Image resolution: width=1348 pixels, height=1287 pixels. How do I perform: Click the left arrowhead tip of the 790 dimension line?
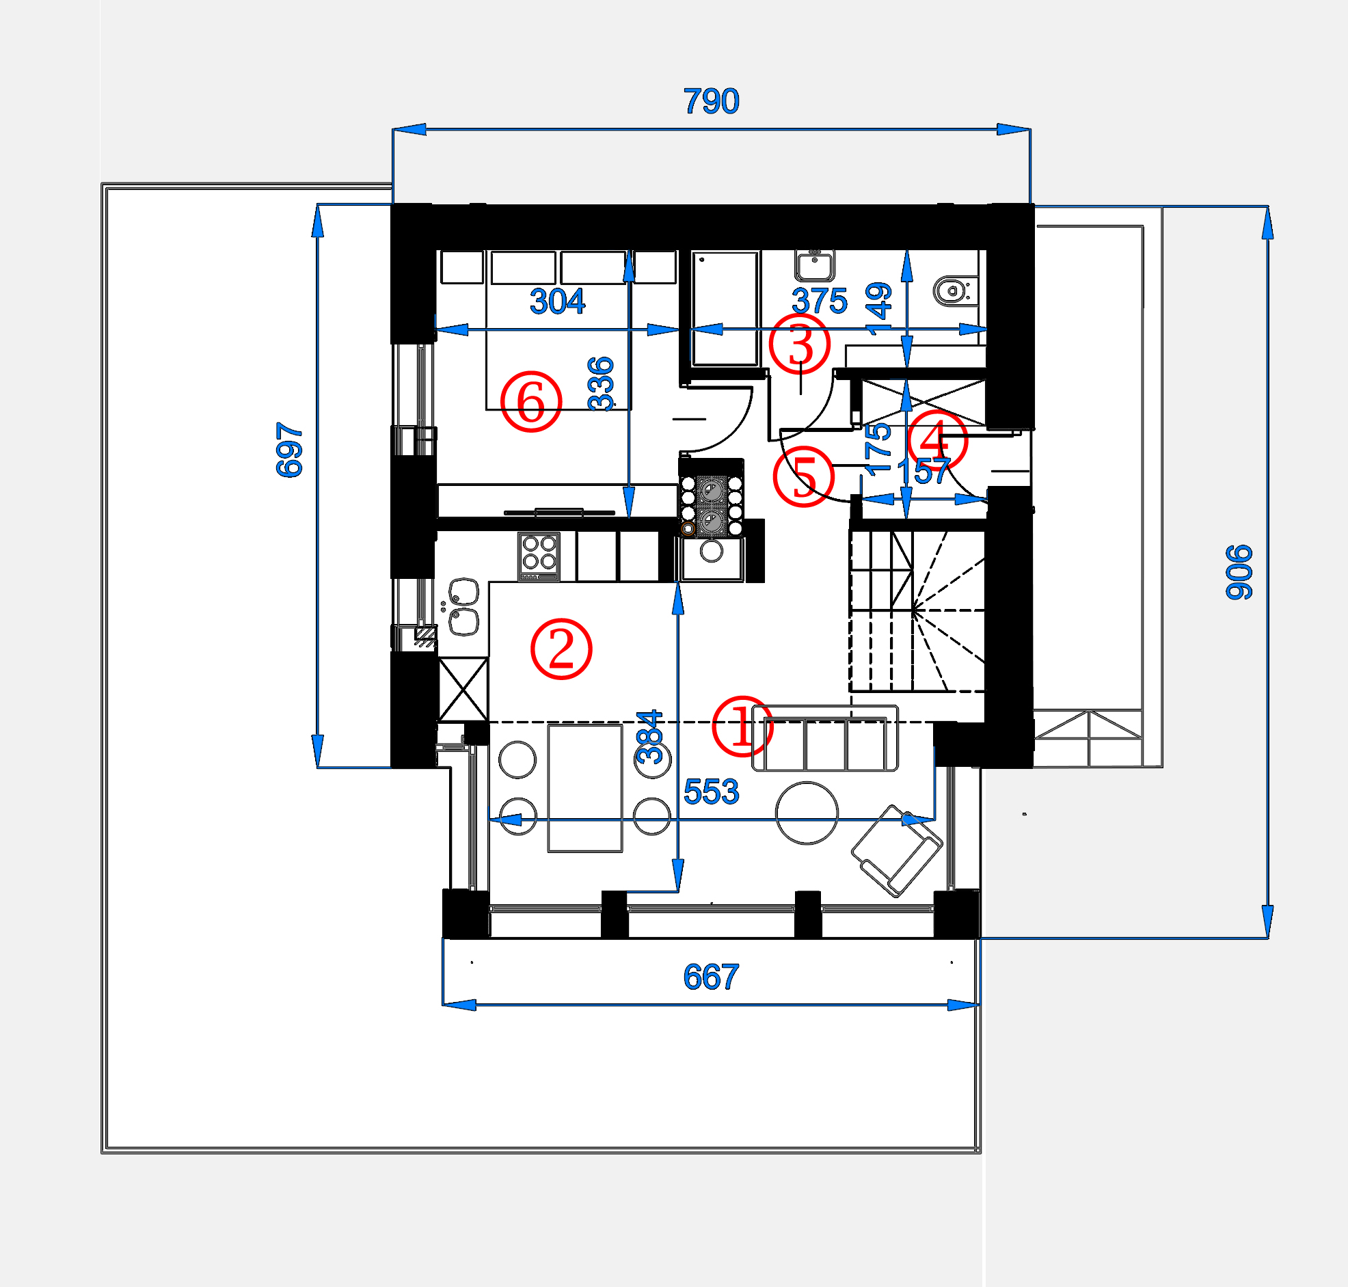click(x=393, y=129)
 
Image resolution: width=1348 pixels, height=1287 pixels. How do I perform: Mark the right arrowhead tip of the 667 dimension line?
click(x=980, y=1005)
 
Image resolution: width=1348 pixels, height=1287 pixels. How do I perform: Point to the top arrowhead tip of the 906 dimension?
click(x=1267, y=206)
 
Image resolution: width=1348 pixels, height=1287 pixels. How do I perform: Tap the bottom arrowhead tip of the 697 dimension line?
click(x=317, y=767)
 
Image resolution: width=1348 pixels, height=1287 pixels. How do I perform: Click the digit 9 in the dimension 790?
click(x=712, y=101)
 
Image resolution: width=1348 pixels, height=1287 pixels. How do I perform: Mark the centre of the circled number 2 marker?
click(x=561, y=649)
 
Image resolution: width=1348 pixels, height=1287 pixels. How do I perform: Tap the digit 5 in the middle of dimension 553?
click(x=712, y=791)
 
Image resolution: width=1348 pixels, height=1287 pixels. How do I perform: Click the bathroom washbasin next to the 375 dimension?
click(x=814, y=265)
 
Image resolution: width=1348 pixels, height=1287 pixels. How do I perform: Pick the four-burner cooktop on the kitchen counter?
click(x=539, y=557)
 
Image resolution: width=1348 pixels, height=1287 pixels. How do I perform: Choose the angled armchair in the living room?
click(x=897, y=851)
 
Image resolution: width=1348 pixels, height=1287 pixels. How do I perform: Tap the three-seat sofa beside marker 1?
click(x=824, y=738)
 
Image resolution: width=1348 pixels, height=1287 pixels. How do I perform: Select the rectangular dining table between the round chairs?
click(x=584, y=787)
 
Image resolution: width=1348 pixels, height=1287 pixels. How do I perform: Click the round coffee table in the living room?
click(x=807, y=813)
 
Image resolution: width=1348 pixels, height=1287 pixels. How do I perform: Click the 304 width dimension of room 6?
click(x=557, y=301)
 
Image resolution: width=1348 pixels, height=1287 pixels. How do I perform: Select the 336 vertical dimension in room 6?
click(x=601, y=383)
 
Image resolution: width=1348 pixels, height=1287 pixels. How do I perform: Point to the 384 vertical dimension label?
click(x=649, y=737)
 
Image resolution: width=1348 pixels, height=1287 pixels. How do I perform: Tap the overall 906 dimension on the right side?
click(x=1239, y=572)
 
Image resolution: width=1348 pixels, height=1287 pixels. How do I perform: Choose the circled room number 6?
click(x=530, y=401)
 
